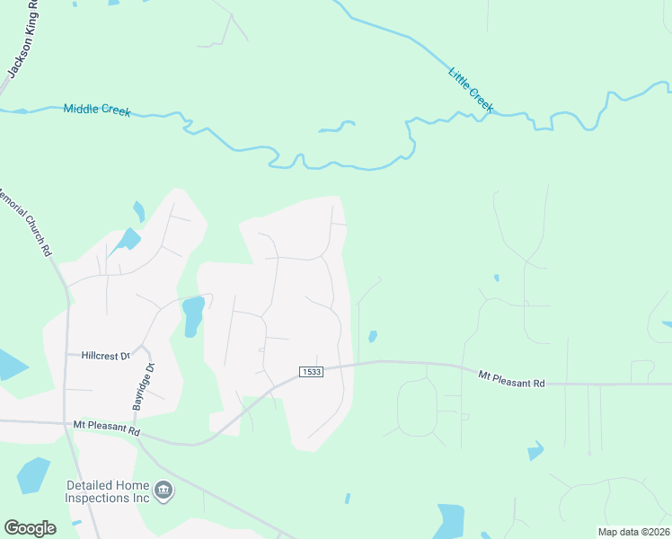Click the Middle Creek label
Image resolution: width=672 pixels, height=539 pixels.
[97, 110]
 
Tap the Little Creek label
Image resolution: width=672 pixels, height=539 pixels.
[470, 89]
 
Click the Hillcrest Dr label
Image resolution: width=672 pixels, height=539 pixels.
[105, 356]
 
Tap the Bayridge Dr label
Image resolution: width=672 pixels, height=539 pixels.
[145, 387]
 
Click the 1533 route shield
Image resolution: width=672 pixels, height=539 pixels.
[310, 372]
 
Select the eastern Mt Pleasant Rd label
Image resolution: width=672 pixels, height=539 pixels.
[511, 379]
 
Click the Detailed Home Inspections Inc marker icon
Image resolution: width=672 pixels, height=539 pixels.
[164, 490]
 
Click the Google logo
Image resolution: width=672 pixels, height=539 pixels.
[30, 528]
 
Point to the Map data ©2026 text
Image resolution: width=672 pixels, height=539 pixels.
[633, 532]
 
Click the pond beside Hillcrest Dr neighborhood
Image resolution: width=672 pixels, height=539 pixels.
[192, 316]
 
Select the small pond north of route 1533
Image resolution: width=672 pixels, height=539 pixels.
[372, 337]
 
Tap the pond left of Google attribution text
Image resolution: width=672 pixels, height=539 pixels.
[449, 521]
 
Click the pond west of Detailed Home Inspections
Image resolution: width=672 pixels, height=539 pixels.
[33, 475]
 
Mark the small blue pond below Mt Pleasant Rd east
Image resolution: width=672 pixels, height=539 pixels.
[535, 451]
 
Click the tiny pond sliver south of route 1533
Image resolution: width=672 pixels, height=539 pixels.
[347, 498]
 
